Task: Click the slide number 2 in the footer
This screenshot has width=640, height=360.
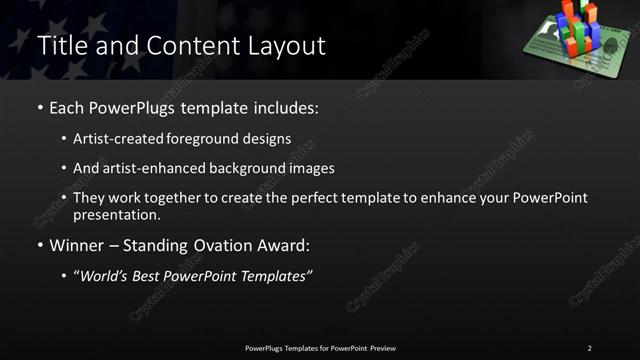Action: pos(589,348)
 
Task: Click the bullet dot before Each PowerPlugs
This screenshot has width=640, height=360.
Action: pos(39,106)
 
